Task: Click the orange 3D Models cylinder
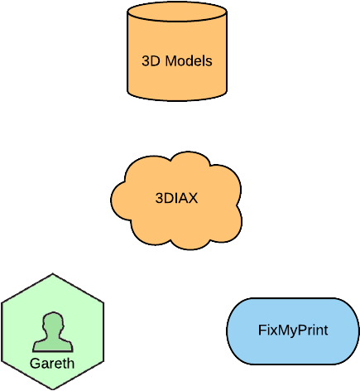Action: coord(177,51)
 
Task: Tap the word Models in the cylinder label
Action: coord(189,60)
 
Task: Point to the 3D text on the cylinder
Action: coord(151,60)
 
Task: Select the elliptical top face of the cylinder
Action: coord(177,12)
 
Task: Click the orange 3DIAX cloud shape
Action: coord(176,200)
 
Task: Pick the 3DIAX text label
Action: coord(176,198)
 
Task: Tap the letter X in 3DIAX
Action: coord(193,198)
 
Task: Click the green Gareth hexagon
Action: coord(52,331)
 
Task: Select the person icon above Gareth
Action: coord(53,332)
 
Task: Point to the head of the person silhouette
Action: coord(53,324)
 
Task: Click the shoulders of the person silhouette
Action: coord(53,345)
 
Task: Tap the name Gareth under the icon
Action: coord(52,364)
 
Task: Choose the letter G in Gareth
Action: coord(35,364)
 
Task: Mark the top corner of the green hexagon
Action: coord(53,273)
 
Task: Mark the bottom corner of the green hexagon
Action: coord(53,389)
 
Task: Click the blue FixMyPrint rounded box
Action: coord(293,331)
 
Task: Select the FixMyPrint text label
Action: coord(293,331)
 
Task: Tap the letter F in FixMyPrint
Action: coord(262,330)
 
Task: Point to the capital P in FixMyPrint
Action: coord(303,330)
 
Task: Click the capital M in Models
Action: coord(170,60)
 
